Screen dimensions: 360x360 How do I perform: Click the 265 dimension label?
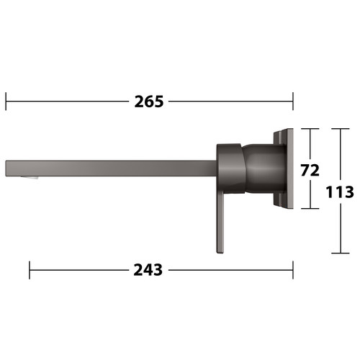click(x=149, y=102)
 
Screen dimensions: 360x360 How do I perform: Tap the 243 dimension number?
click(x=148, y=270)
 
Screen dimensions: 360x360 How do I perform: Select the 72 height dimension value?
click(x=310, y=170)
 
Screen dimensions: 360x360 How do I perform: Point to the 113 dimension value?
click(x=340, y=192)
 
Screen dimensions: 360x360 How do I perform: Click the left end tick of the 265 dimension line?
click(x=6, y=102)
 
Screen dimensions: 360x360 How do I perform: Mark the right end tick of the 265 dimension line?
click(x=293, y=102)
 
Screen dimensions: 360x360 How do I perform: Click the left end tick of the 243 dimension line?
click(x=30, y=270)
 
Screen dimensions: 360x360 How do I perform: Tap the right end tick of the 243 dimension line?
click(x=293, y=270)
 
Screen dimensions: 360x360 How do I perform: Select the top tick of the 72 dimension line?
click(x=310, y=129)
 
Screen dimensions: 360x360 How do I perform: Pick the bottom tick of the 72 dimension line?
click(x=310, y=208)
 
